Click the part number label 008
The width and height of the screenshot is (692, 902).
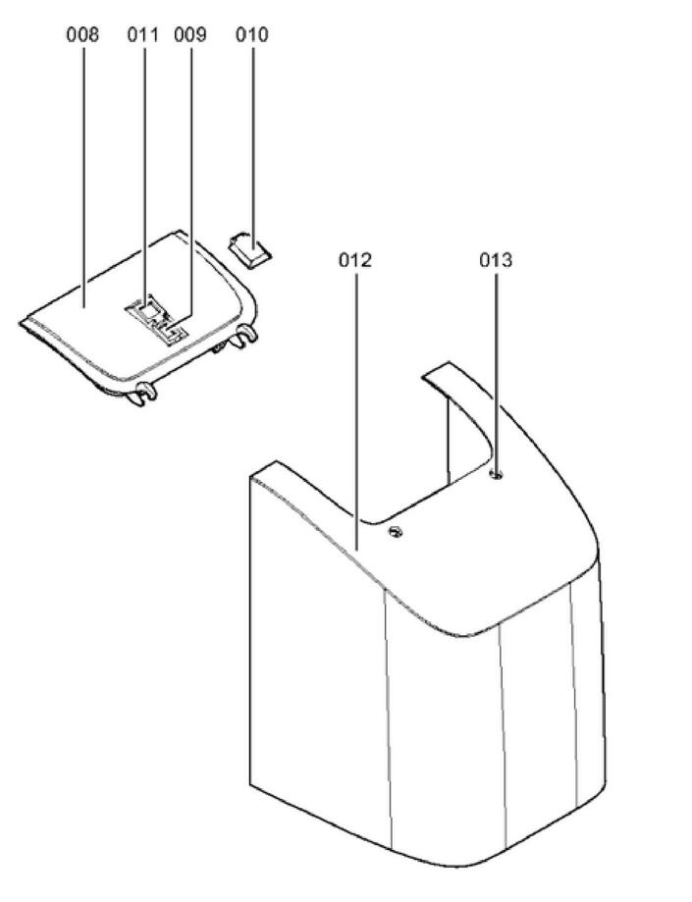[x=82, y=35]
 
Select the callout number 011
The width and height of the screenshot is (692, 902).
[x=142, y=35]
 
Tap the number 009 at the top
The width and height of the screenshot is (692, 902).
[x=190, y=35]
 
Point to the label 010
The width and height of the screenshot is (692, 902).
[x=251, y=35]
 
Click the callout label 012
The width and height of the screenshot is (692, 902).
[x=355, y=260]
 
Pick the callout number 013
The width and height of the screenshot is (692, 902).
[x=496, y=260]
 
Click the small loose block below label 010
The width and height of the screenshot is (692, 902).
[x=252, y=247]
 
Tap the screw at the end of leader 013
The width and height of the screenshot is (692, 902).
[x=496, y=475]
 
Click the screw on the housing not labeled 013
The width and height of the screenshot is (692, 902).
[x=396, y=532]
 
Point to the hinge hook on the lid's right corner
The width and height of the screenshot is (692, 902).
[x=245, y=334]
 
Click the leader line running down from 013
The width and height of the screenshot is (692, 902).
[x=496, y=373]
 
